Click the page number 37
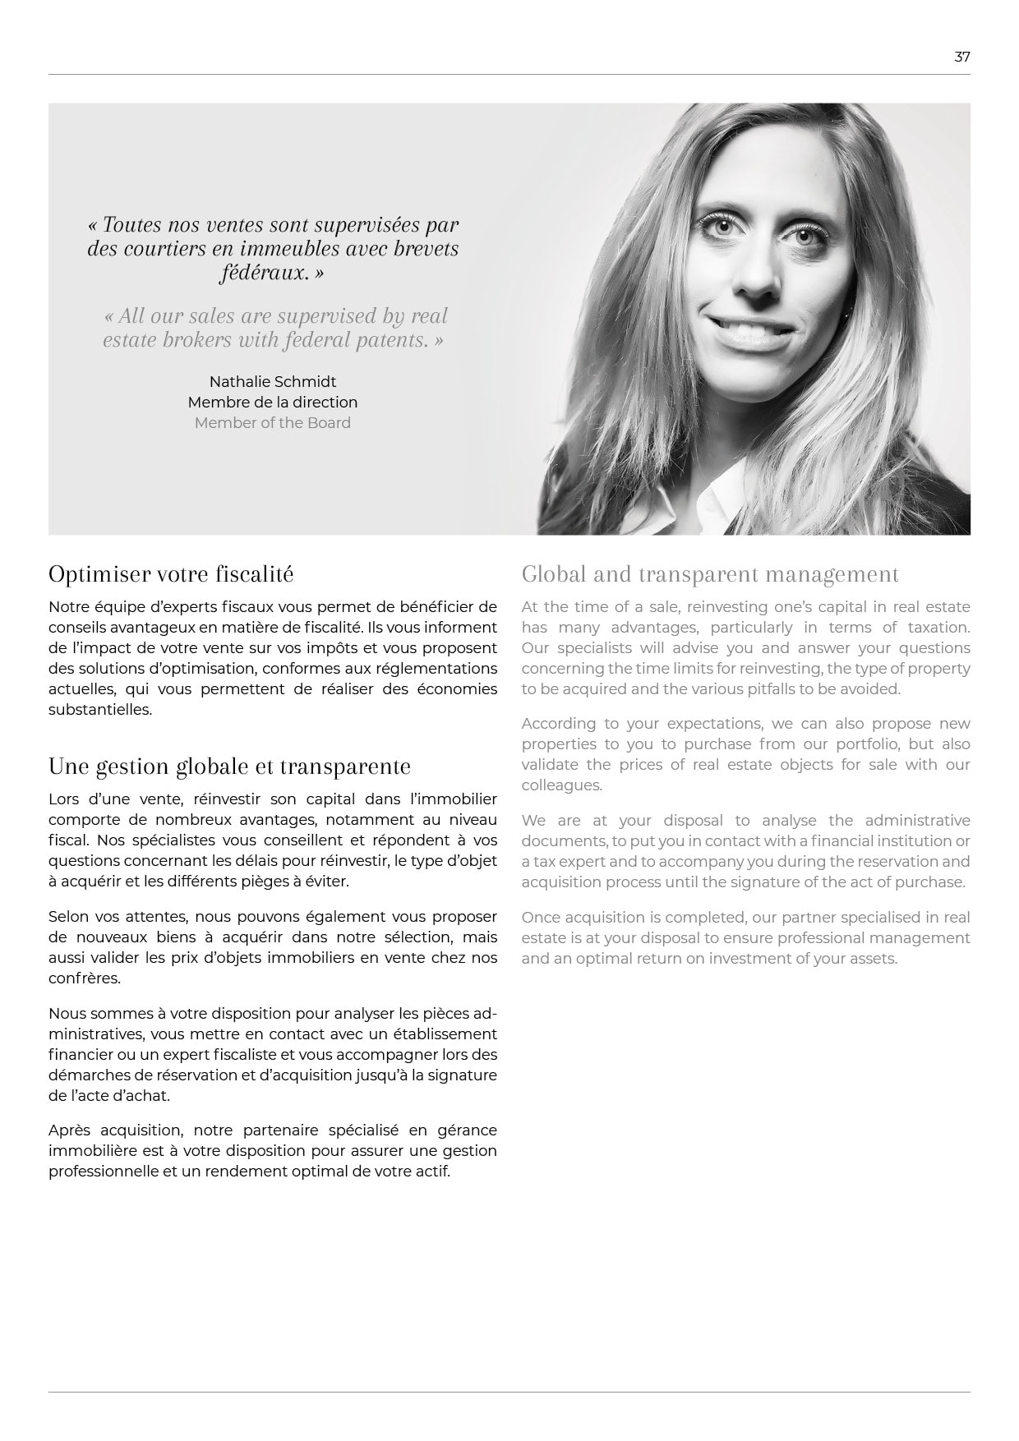(x=961, y=57)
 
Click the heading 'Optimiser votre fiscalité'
(x=171, y=573)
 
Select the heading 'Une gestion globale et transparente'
(x=229, y=766)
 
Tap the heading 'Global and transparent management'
(x=710, y=573)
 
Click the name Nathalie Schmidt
(x=273, y=382)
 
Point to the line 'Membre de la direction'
(x=273, y=403)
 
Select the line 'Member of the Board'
(x=273, y=423)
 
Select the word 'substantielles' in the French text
(x=100, y=710)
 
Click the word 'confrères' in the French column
(x=85, y=978)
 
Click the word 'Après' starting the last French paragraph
(x=68, y=1130)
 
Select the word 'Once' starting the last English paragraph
(x=538, y=918)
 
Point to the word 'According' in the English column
(x=558, y=724)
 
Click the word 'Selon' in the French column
(x=68, y=917)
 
